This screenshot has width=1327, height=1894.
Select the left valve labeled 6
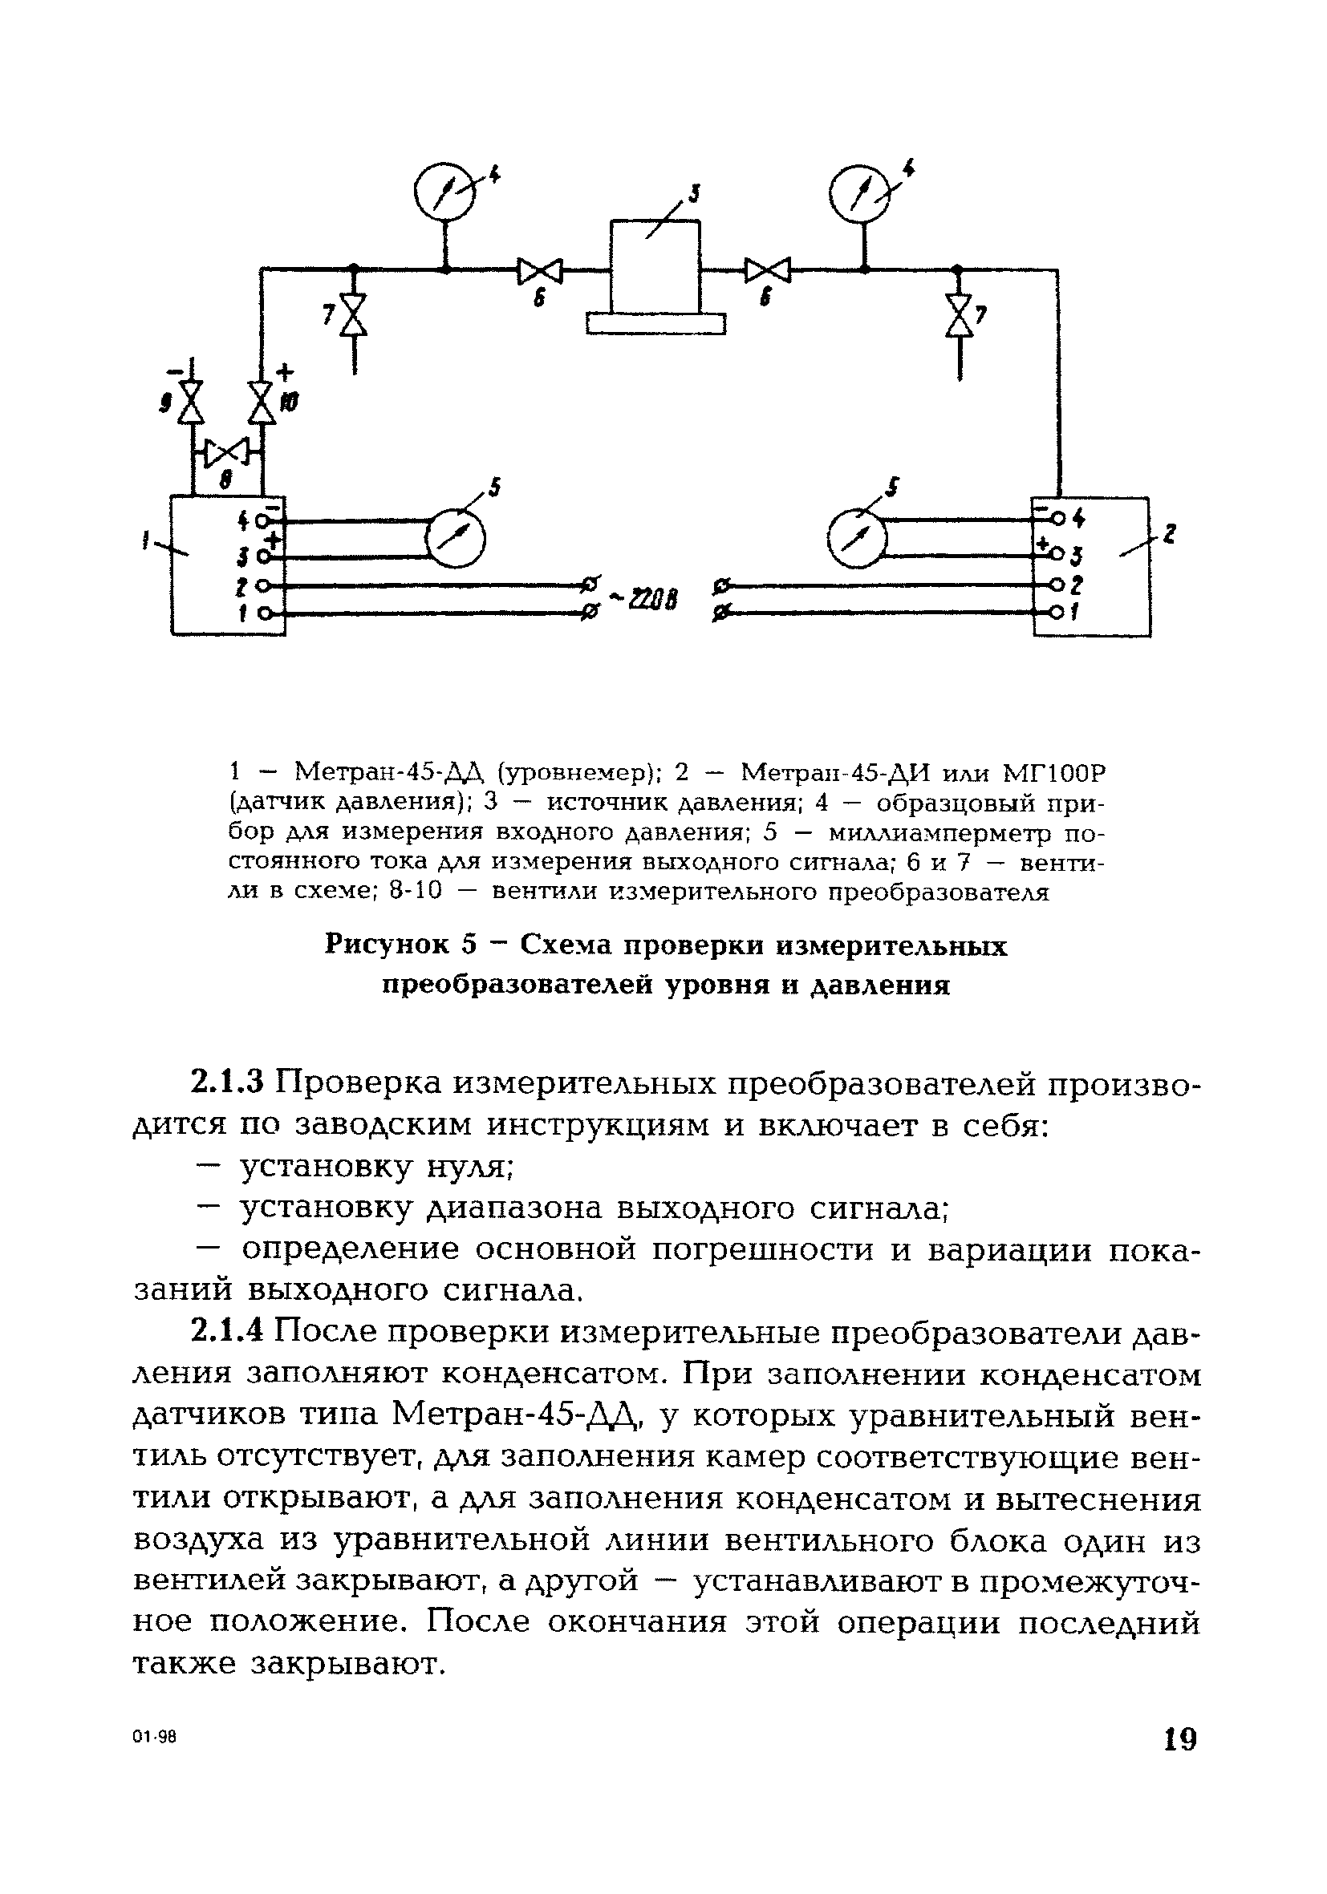tap(539, 270)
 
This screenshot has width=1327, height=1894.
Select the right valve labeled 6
tap(767, 269)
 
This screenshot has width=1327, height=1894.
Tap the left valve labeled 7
tap(355, 314)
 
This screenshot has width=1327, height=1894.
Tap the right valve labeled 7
tap(959, 315)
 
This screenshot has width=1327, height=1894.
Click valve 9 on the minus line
tap(193, 403)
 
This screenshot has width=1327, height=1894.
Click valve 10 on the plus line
tap(262, 403)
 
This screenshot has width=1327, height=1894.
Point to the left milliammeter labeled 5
tap(455, 540)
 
